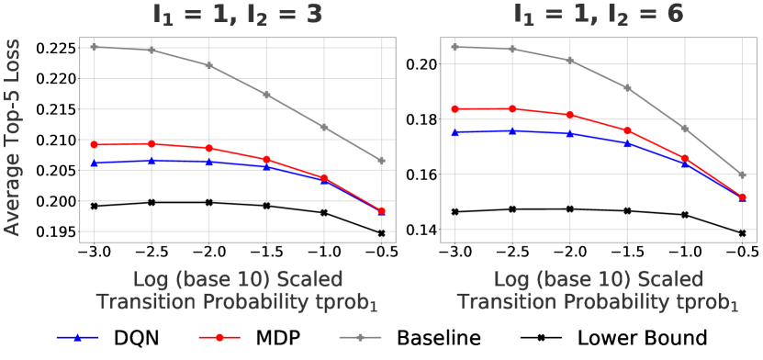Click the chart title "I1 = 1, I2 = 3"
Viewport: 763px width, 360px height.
click(237, 16)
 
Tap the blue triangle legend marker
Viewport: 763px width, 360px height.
click(78, 337)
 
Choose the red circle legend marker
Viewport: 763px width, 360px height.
click(219, 337)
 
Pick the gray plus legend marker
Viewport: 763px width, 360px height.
click(360, 337)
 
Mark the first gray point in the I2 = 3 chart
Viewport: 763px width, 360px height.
click(94, 46)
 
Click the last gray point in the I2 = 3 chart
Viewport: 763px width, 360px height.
click(381, 161)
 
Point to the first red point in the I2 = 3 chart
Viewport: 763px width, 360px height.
click(94, 144)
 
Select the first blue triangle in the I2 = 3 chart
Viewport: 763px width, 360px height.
click(94, 163)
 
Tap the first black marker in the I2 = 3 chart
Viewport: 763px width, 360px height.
click(94, 206)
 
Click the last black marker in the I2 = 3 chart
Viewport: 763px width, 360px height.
click(381, 233)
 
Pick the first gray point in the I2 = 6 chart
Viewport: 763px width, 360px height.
click(454, 46)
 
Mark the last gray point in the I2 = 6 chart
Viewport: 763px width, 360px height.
click(742, 174)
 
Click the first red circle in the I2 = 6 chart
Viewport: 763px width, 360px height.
click(454, 109)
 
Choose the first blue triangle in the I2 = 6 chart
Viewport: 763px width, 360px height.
click(454, 132)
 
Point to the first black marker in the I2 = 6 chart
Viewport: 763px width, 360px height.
click(454, 211)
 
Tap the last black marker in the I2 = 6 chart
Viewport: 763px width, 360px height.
click(742, 233)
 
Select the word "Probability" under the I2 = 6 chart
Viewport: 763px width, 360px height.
click(618, 301)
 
